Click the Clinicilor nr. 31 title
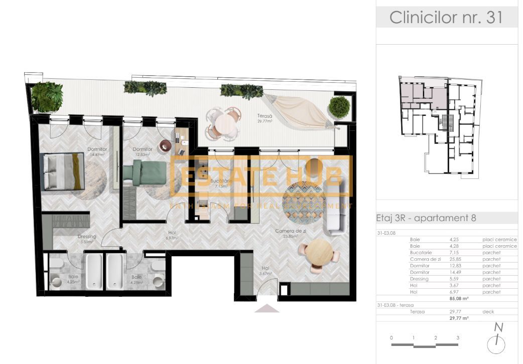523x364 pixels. pos(446,17)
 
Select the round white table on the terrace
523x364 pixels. pos(224,122)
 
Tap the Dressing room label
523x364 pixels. pos(87,239)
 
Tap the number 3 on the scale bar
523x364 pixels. pos(458,338)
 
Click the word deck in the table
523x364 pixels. pos(488,311)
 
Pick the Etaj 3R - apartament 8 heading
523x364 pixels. pos(426,218)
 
